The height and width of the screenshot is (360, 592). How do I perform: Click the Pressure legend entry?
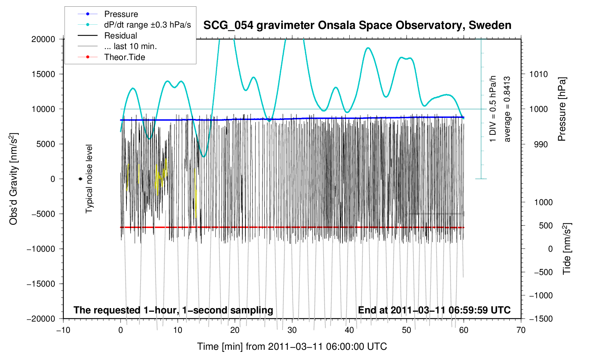121,14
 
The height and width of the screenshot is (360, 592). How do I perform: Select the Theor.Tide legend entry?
124,57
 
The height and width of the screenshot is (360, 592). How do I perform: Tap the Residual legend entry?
120,36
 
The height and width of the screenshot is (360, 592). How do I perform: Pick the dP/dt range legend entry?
147,25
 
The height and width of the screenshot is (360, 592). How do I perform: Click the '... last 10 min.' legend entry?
130,46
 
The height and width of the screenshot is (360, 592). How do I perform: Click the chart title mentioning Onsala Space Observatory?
357,25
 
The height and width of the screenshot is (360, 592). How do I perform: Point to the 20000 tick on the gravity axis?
43,39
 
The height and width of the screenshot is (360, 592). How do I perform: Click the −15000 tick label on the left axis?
41,284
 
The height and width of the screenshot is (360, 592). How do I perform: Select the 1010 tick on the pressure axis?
538,74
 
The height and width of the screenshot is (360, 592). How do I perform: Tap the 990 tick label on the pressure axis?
538,144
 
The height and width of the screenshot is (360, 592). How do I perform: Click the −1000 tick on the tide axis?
540,295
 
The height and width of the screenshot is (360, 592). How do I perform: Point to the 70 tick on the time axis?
521,330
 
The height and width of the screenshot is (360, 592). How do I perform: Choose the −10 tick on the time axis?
63,330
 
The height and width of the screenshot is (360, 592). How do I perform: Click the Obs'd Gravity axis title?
13,179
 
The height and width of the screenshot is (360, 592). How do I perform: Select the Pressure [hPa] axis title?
562,109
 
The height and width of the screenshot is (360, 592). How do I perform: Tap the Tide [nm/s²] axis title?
567,249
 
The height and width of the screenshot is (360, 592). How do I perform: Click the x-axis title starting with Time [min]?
292,347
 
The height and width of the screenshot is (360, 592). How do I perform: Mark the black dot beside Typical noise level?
81,179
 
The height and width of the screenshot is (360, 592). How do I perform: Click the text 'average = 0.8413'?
507,109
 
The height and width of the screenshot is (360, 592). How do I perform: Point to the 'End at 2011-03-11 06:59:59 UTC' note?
434,310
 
